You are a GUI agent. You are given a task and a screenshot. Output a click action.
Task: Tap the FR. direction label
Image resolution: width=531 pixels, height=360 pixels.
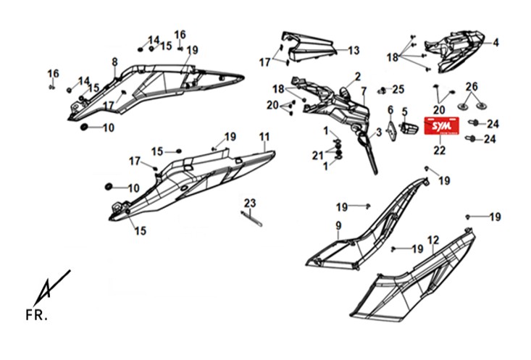tap(37, 315)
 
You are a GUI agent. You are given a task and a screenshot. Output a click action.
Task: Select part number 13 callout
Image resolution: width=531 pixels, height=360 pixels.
tap(353, 51)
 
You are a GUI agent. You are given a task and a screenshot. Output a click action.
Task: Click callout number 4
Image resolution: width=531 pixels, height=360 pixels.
tap(496, 43)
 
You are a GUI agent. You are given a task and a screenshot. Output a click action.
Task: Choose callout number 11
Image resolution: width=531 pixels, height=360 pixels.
tap(264, 136)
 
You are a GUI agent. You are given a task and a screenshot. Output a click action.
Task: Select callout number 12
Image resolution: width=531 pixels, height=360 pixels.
tap(433, 240)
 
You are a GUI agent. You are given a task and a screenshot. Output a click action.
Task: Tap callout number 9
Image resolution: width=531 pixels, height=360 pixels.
tap(338, 226)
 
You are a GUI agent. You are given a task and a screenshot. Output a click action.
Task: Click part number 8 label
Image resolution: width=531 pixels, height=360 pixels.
tap(114, 61)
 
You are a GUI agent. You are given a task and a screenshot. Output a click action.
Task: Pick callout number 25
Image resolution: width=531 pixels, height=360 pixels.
tap(398, 90)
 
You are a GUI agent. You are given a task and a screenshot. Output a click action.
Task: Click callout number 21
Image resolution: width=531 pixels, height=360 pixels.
tap(318, 156)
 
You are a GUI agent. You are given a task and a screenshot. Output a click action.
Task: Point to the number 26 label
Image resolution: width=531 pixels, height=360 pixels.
tap(472, 87)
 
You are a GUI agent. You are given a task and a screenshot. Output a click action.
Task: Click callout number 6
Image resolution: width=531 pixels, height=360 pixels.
tap(390, 110)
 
